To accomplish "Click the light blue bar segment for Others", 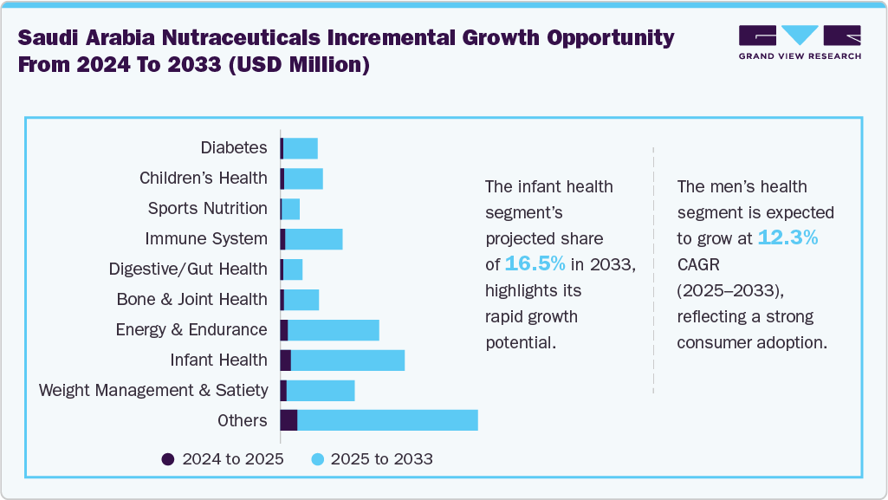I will point(387,420).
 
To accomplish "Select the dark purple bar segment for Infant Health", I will point(286,360).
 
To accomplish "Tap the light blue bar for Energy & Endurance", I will point(334,329).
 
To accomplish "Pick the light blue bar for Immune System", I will point(314,239).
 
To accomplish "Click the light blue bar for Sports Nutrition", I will point(291,209).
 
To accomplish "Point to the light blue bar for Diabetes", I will point(301,148).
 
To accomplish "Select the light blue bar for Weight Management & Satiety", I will point(321,390).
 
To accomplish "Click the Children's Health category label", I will point(204,179).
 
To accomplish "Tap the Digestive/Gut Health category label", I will point(188,269).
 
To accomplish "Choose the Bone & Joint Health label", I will point(192,300).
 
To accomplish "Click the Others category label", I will point(243,421).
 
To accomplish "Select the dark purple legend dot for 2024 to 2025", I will point(168,459).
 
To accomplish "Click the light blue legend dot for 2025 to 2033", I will point(317,459).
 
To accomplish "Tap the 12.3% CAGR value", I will point(788,237).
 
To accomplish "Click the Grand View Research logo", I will point(799,42).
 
